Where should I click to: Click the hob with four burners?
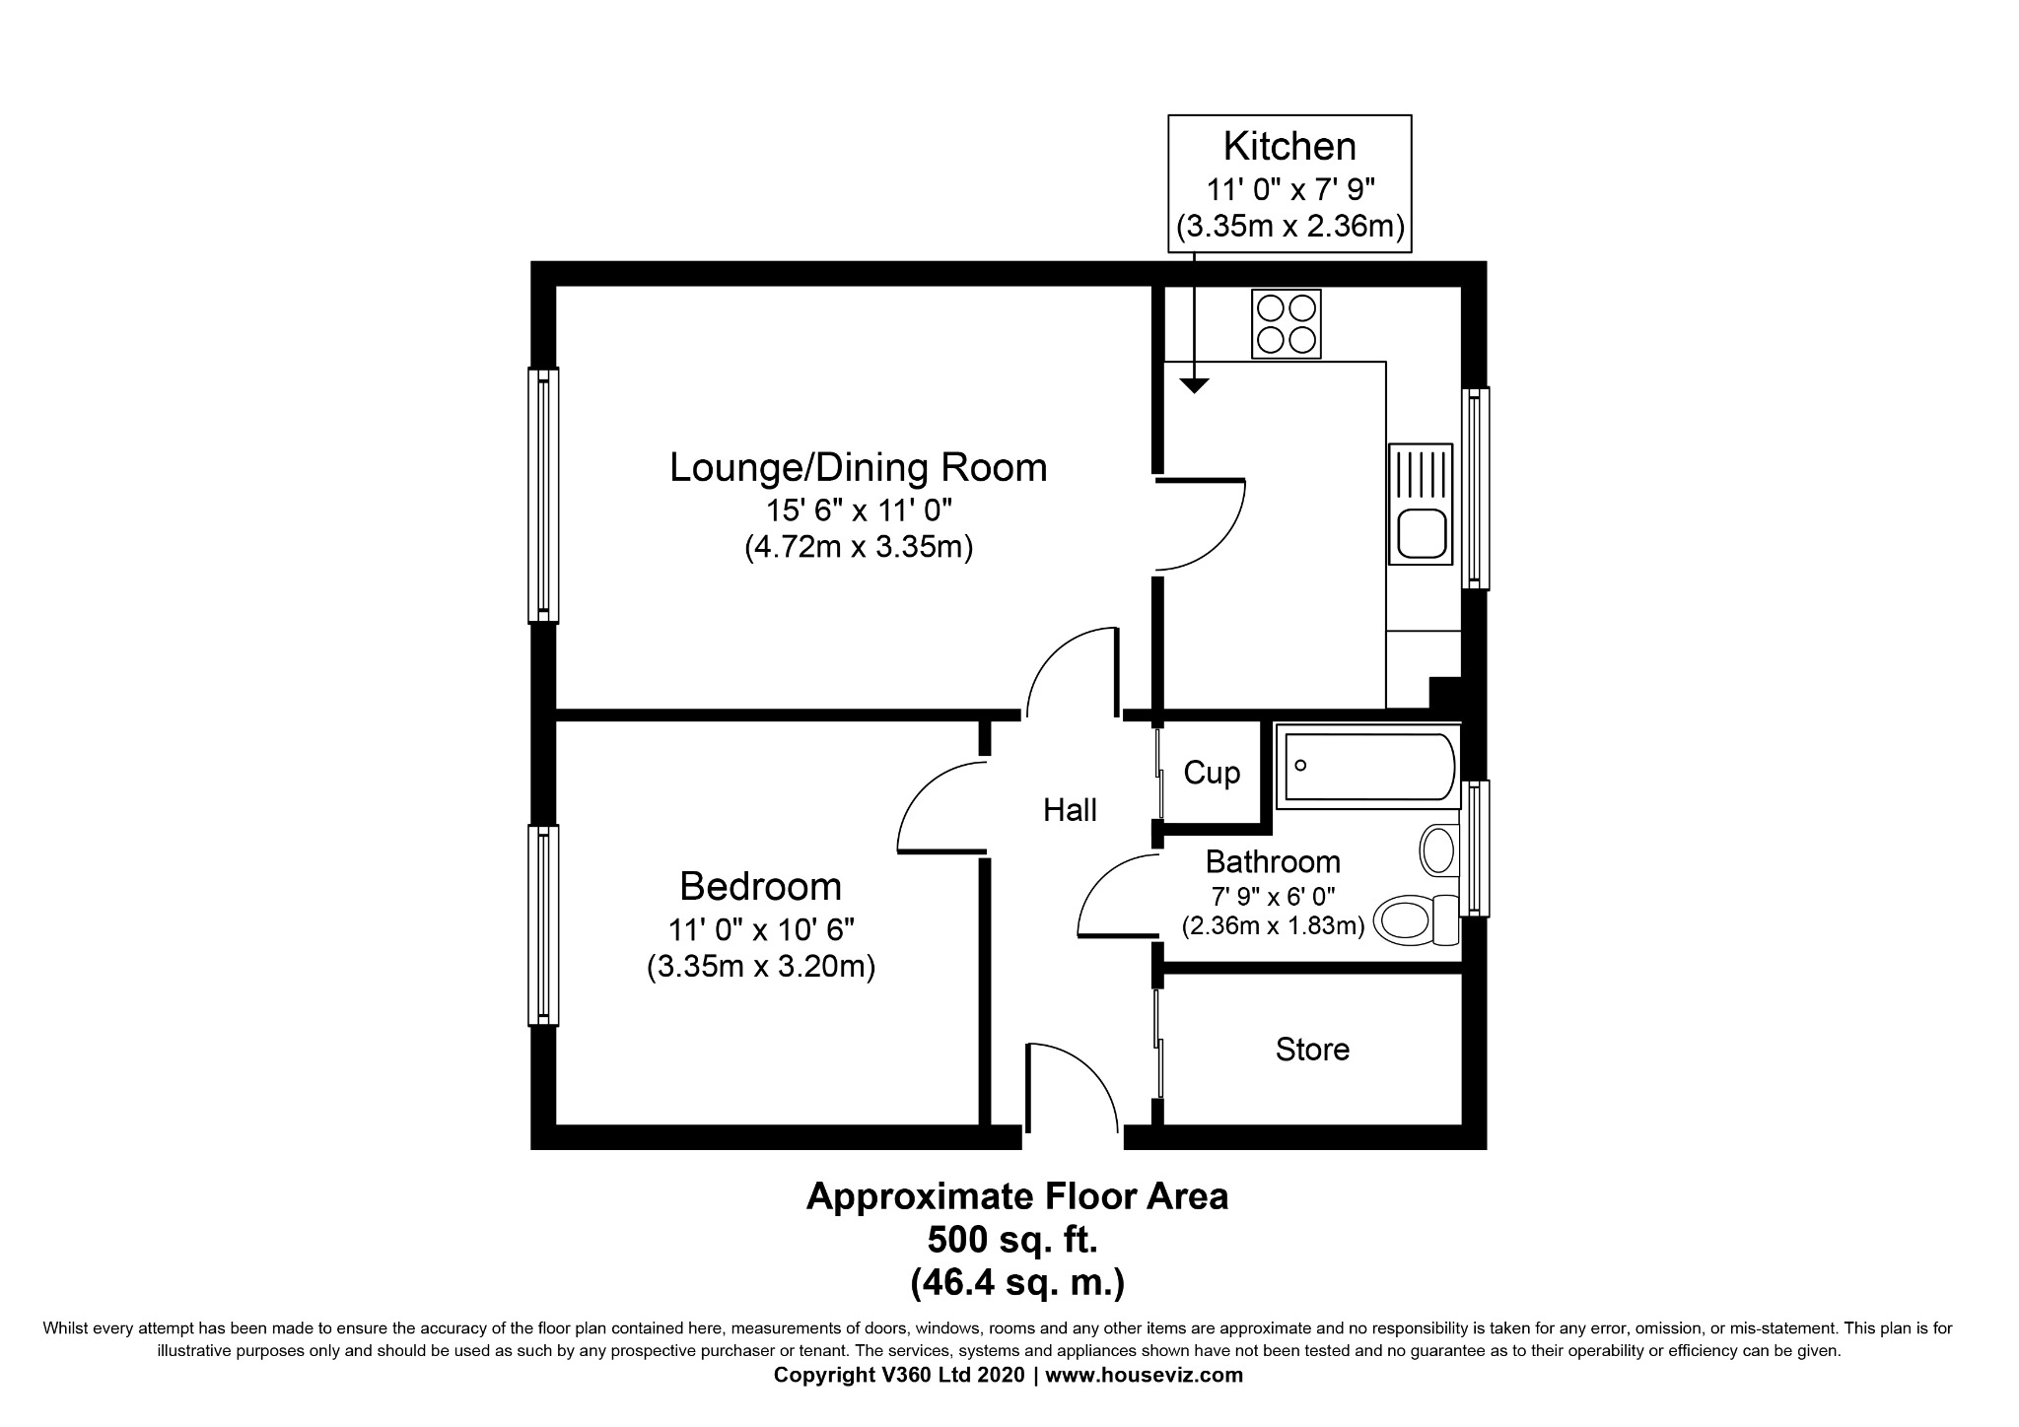pos(1287,323)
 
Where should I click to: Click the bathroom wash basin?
pos(1438,849)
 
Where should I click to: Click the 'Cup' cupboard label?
pos(1212,773)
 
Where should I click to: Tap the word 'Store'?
pos(1312,1049)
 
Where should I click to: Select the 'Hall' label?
pos(1070,810)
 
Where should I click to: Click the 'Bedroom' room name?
pos(761,887)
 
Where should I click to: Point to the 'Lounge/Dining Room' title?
pos(858,467)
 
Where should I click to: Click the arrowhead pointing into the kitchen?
pos(1194,386)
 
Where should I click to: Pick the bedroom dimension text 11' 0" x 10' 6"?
pos(761,929)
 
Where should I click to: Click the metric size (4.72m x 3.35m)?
pos(859,547)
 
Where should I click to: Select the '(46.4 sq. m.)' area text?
pos(1017,1282)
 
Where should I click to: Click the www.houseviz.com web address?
pos(1145,1375)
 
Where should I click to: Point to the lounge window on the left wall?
pos(543,496)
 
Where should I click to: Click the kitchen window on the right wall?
pos(1475,488)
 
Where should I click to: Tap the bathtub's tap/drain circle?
pos(1301,766)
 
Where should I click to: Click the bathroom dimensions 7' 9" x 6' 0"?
pos(1273,896)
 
